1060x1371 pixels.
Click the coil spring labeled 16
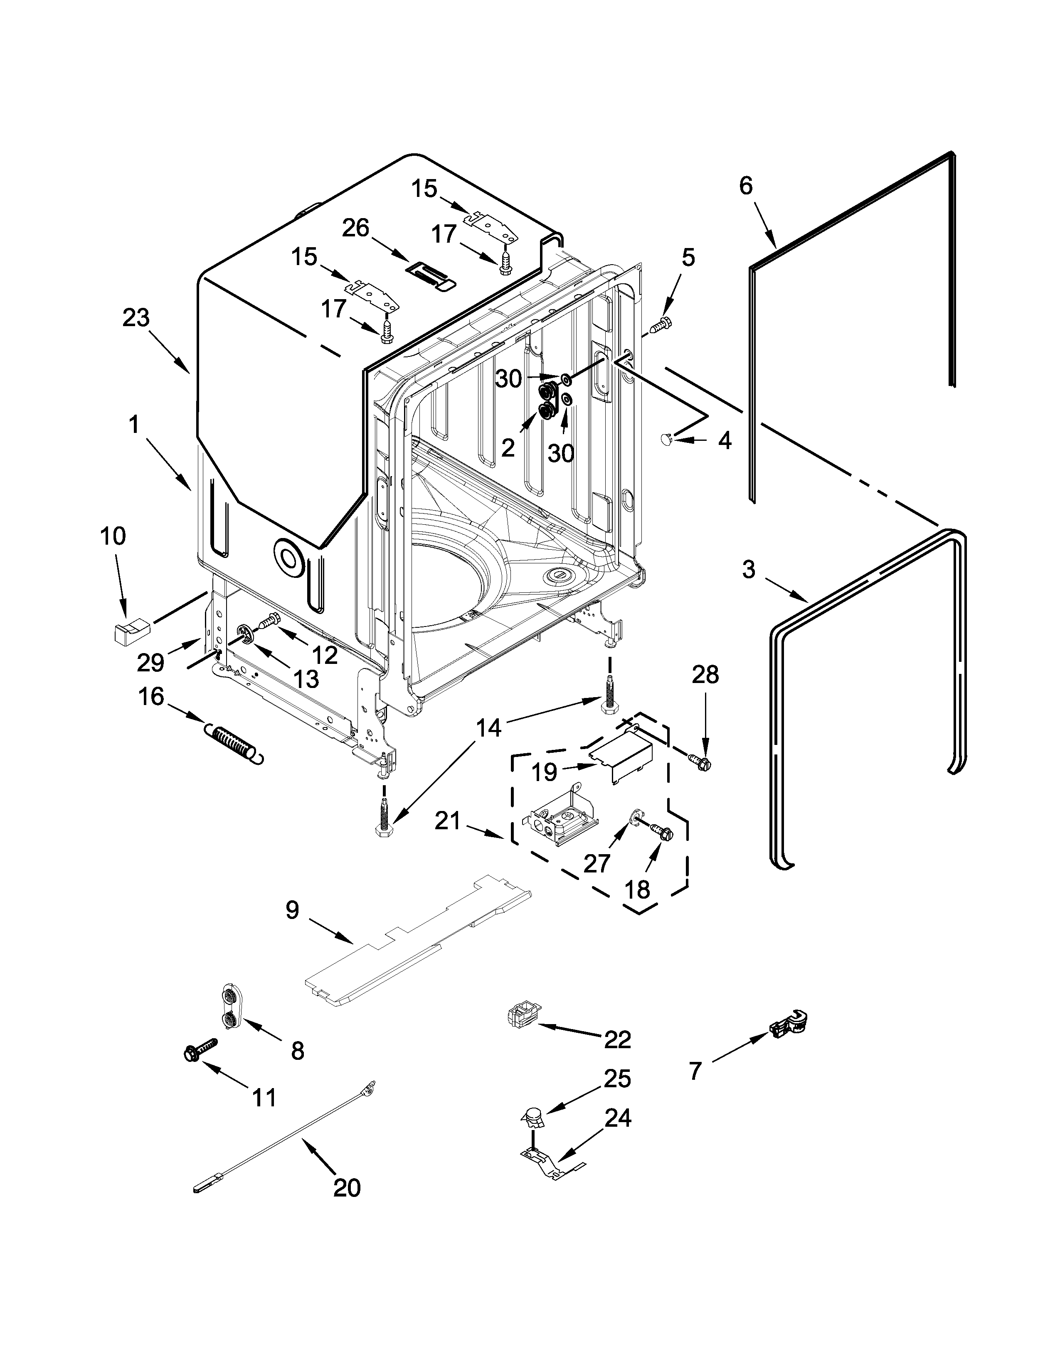[x=234, y=744]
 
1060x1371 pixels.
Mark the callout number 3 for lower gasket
[x=748, y=570]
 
